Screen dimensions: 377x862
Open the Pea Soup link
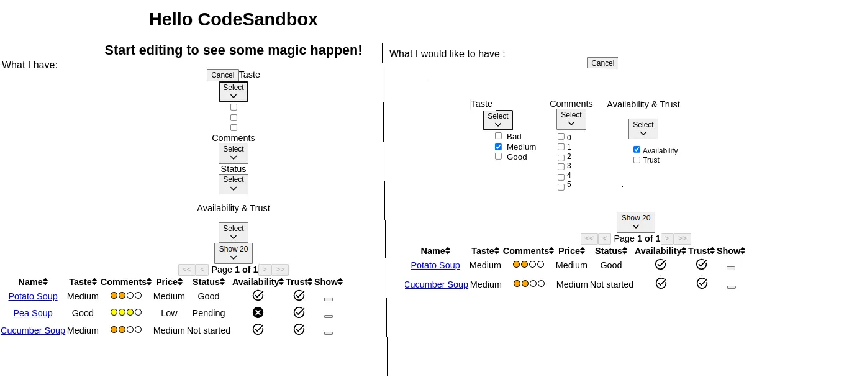coord(33,313)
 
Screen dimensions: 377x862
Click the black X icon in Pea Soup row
coord(258,312)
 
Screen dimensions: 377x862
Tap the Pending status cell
coord(209,313)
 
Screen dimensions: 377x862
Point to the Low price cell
coord(169,313)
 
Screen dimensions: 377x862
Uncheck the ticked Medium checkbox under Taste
coord(498,147)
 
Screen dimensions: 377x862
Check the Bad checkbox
coord(498,136)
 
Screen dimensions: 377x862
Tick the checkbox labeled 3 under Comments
coord(561,166)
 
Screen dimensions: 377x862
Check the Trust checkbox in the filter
coord(637,160)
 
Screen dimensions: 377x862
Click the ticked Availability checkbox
coord(637,150)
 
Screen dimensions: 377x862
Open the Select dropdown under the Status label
coord(234,184)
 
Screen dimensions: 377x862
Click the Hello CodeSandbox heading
coord(234,20)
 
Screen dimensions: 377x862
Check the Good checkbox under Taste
coord(498,157)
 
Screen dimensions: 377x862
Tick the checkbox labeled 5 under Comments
coord(561,187)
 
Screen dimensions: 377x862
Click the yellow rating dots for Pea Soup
coord(126,312)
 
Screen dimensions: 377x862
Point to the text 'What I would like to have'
coord(447,54)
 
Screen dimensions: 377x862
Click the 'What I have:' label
coord(30,65)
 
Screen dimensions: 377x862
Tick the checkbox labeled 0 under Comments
coord(561,137)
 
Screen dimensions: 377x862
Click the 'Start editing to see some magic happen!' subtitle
coord(234,50)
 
